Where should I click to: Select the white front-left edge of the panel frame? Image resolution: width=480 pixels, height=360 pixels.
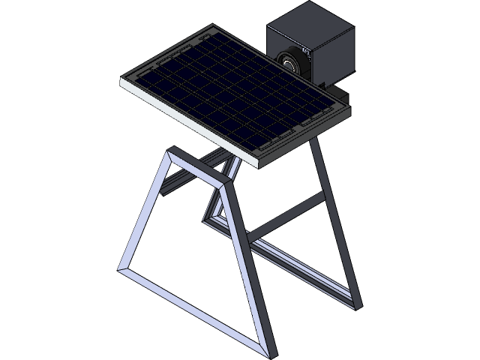click(187, 123)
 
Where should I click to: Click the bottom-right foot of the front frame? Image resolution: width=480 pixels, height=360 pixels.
click(269, 351)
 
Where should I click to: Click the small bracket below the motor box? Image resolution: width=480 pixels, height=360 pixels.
click(342, 96)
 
